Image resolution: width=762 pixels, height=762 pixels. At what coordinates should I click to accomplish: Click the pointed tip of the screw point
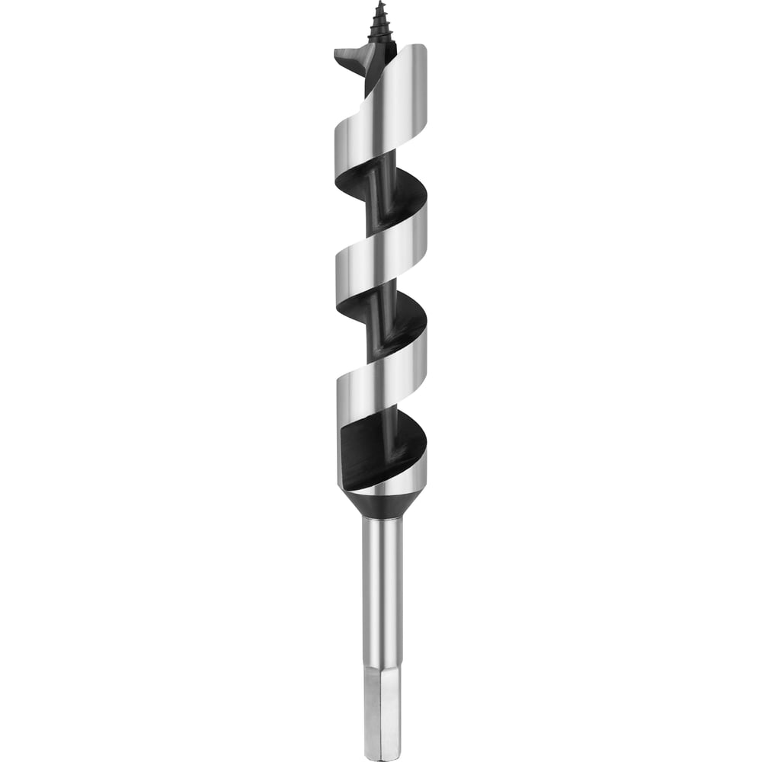point(379,3)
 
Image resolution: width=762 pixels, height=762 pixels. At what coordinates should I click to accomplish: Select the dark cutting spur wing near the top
point(354,58)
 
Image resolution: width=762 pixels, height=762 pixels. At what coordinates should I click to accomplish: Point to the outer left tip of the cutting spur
point(336,52)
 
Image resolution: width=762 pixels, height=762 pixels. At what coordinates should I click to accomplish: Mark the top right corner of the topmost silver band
point(424,47)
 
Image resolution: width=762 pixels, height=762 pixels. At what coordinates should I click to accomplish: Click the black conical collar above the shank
point(381,504)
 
